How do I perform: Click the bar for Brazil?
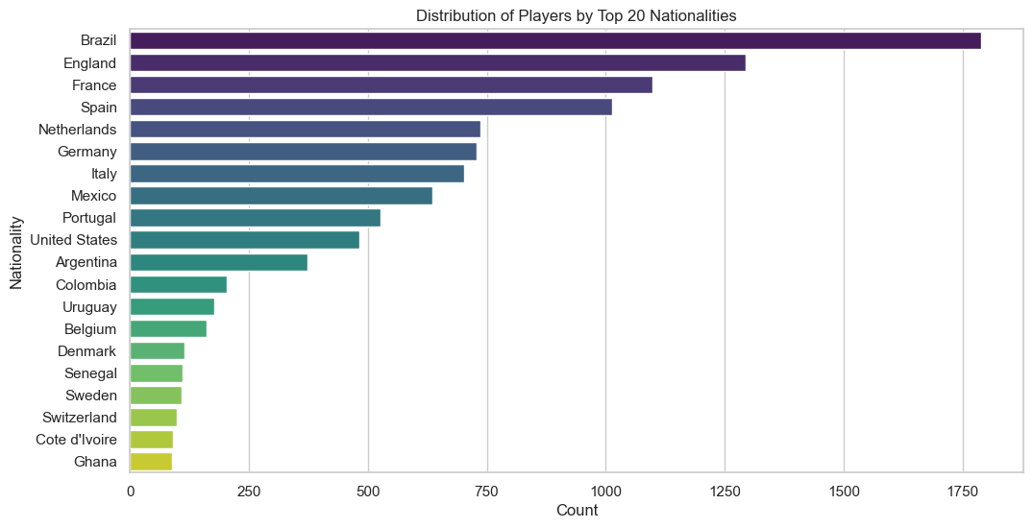(555, 40)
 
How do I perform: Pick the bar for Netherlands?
(305, 130)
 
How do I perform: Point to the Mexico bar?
(281, 196)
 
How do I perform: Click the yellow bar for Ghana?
(151, 462)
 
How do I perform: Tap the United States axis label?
(74, 240)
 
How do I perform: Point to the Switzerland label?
(80, 418)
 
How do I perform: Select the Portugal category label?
(89, 218)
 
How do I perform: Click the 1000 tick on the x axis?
(605, 492)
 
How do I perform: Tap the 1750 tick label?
(962, 492)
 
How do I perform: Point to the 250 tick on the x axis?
(249, 492)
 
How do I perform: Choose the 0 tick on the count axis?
(130, 492)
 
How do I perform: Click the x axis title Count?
(577, 511)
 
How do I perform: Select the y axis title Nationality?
(16, 252)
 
